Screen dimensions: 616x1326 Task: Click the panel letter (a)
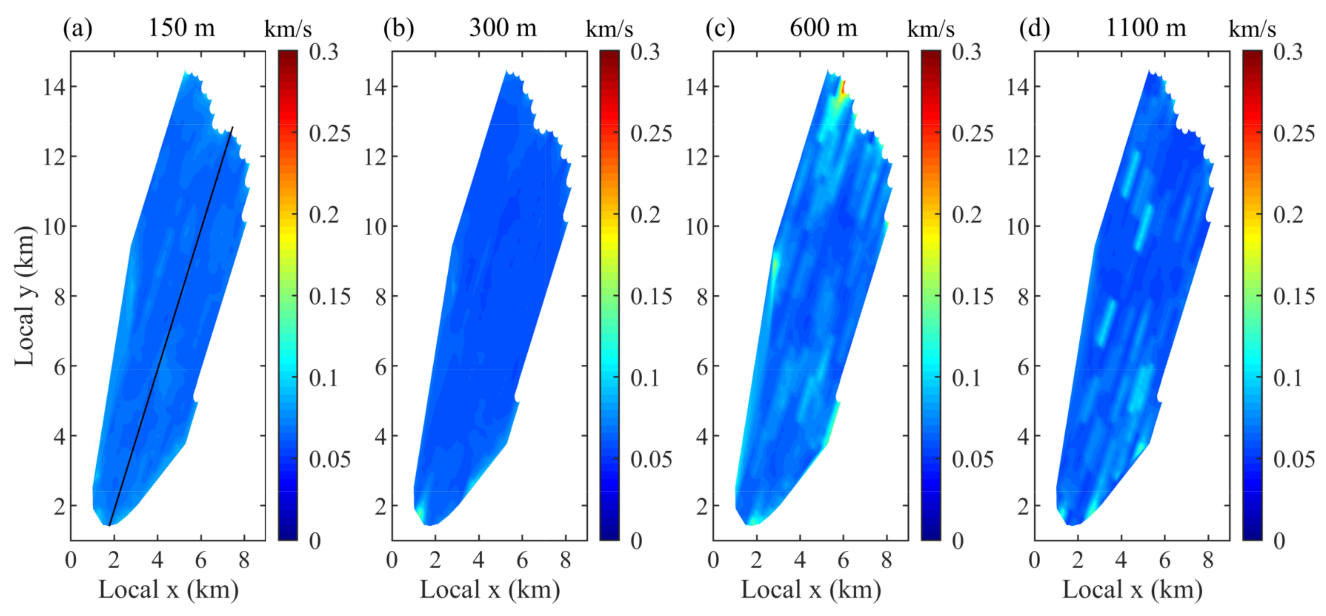[77, 28]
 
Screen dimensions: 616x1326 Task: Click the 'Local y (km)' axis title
[25, 296]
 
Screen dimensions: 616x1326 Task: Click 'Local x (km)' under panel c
[811, 589]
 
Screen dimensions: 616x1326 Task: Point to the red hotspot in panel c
[843, 88]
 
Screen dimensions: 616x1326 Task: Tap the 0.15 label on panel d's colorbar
[1294, 296]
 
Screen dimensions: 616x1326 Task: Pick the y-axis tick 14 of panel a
[54, 87]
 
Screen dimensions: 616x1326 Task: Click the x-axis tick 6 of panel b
[522, 560]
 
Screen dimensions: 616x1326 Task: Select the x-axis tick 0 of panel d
[1035, 560]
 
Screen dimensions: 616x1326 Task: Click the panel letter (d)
[1035, 28]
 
